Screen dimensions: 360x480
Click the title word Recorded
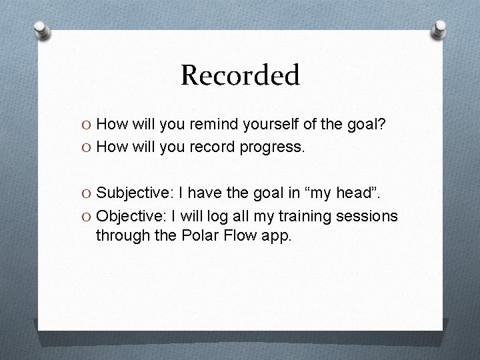pos(240,75)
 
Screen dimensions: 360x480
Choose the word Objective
pos(131,216)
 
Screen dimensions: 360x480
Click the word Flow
pos(241,235)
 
